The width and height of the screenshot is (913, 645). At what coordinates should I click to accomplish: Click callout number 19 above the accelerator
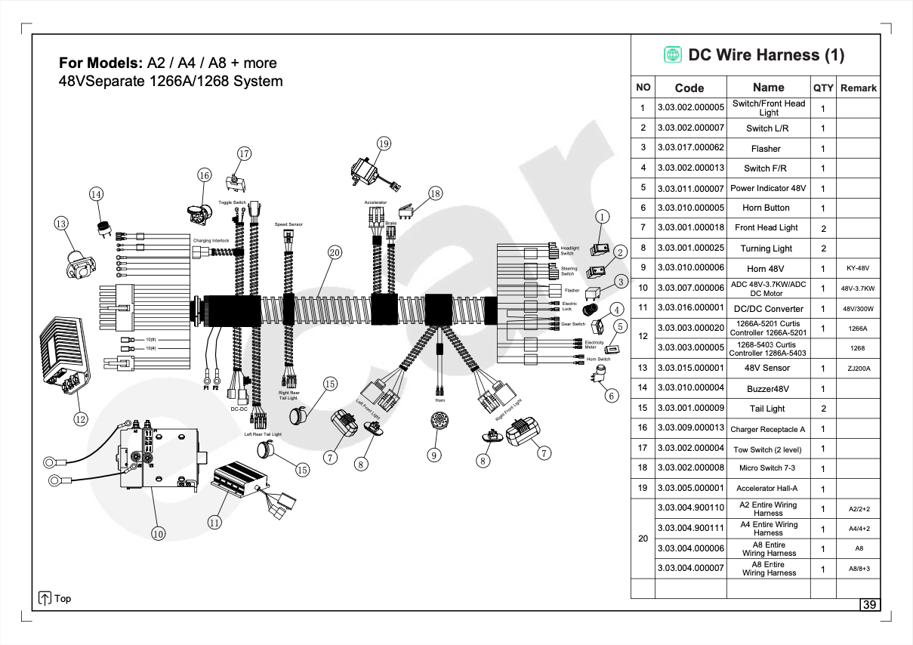(384, 144)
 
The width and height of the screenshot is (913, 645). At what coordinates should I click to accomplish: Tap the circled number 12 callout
(81, 418)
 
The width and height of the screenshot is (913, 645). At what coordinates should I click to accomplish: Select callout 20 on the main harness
(335, 252)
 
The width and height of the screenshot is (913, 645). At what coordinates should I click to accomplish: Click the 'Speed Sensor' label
(288, 224)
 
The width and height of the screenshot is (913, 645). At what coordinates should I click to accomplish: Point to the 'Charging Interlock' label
(211, 240)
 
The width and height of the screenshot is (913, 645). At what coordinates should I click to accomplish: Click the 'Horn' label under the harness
(440, 400)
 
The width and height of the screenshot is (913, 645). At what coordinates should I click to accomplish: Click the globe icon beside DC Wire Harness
(673, 55)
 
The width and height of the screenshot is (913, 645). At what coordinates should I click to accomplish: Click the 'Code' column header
(689, 88)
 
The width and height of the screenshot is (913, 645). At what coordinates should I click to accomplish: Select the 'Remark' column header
(859, 88)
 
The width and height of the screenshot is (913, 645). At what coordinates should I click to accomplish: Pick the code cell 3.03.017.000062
(690, 148)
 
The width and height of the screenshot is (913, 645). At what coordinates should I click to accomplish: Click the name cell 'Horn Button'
(766, 208)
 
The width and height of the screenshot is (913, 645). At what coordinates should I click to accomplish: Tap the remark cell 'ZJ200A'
(859, 369)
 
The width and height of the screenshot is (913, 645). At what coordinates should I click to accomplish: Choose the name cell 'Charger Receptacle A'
(768, 429)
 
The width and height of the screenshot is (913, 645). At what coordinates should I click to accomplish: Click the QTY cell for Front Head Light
(823, 228)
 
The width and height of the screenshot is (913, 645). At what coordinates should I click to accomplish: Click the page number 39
(870, 605)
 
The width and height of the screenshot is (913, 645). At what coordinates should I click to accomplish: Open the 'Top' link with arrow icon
(54, 598)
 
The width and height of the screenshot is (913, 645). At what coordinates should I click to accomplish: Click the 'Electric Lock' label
(569, 306)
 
